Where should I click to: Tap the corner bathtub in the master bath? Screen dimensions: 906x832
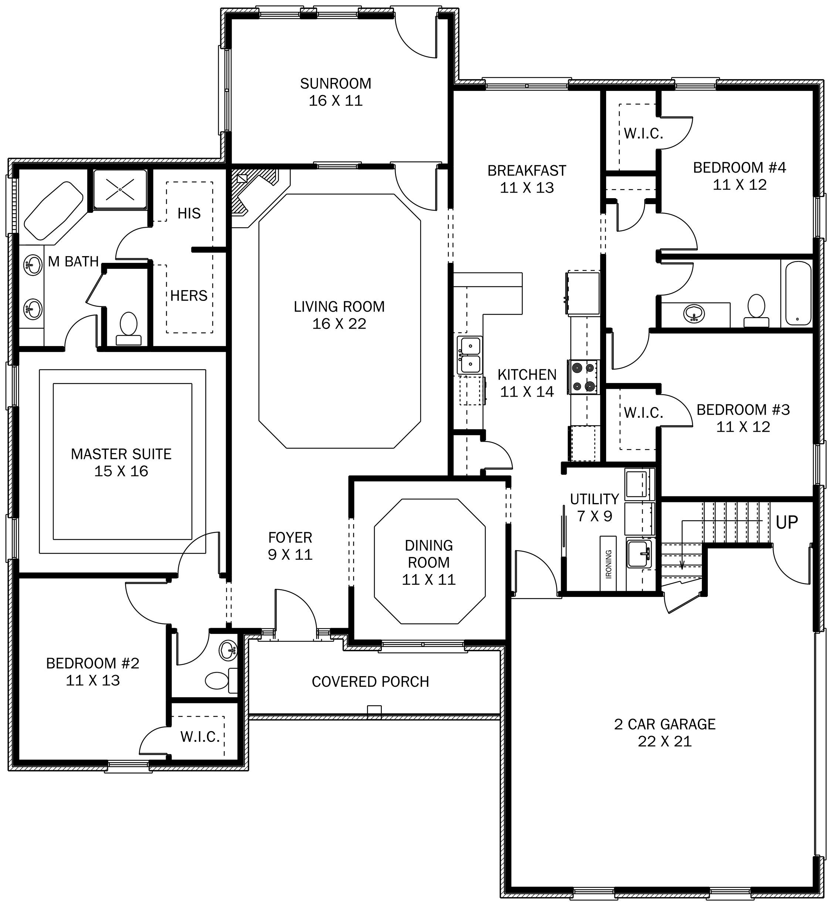point(53,210)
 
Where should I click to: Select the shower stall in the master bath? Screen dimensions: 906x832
point(120,189)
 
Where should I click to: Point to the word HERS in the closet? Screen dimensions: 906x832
point(189,296)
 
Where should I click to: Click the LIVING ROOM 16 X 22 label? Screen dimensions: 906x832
point(339,315)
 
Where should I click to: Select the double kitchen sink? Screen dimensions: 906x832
point(469,355)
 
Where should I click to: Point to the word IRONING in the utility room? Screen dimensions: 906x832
point(608,563)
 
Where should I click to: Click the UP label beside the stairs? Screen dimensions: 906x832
point(787,522)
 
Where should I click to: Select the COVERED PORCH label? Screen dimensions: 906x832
point(370,682)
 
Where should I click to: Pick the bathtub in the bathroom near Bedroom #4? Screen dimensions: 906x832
point(798,293)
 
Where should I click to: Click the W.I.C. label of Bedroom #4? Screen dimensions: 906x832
point(643,134)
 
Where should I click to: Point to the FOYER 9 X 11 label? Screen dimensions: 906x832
point(290,545)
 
